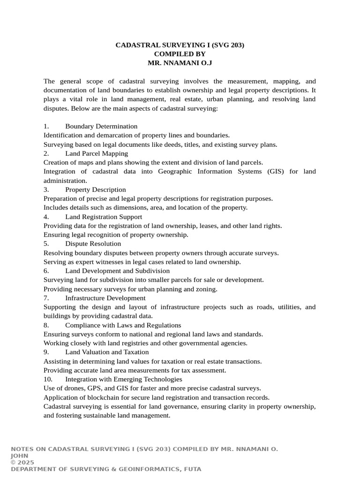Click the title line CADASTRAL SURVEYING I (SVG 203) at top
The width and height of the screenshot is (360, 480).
point(180,45)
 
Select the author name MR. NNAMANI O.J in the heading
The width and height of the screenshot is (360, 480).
point(180,63)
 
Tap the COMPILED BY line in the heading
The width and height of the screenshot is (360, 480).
point(180,54)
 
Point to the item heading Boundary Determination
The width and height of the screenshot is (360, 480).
point(101,127)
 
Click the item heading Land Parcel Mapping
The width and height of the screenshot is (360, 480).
point(97,154)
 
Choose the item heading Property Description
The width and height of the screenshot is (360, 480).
point(96,190)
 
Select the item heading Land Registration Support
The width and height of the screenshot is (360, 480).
point(104,217)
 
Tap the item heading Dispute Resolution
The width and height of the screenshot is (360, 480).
point(93,244)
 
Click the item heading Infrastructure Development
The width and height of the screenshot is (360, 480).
point(105,298)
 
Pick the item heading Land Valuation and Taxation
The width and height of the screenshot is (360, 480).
point(107,352)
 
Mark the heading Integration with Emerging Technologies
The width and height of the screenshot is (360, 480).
point(124,379)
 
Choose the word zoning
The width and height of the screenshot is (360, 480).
point(207,289)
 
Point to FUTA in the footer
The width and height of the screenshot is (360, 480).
point(192,469)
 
